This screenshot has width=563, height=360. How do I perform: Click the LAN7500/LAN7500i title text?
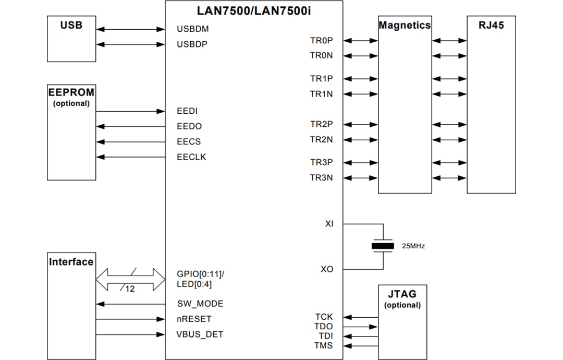coord(254,10)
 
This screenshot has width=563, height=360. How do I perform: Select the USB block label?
coord(71,25)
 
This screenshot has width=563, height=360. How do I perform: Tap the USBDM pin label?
coord(192,29)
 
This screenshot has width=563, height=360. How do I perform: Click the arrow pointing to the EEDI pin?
coord(130,111)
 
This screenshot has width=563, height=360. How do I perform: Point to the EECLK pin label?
coord(191,157)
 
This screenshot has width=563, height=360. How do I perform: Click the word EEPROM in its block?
coord(71,92)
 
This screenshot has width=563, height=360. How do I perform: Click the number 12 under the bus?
coord(130,289)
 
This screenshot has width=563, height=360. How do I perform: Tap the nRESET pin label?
coord(194,319)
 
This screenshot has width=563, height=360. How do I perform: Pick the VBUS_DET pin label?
coord(200,334)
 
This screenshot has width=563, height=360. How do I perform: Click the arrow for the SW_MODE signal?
coord(130,304)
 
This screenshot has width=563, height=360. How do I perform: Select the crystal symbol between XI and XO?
coord(383,246)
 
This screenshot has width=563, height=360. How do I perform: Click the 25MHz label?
coord(413,246)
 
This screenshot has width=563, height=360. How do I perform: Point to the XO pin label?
coord(326,269)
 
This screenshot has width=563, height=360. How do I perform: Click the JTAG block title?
coord(402,294)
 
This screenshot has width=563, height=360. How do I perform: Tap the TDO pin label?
coord(324,327)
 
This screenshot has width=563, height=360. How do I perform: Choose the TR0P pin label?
coord(321,40)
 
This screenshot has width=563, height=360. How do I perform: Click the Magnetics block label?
coord(405,25)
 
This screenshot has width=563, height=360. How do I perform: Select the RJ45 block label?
coord(491,25)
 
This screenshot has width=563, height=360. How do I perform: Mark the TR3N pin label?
coord(321,178)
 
